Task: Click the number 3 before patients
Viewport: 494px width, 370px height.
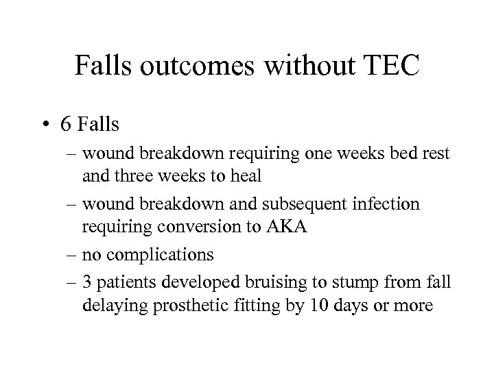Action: pos(87,282)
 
